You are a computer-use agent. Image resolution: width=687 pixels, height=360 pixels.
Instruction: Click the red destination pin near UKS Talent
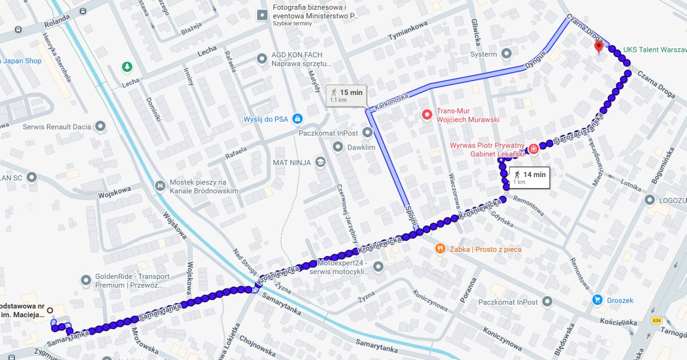(599, 47)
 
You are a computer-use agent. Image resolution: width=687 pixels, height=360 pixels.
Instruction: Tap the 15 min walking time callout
(347, 95)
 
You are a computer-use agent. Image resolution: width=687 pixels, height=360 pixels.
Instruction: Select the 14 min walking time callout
(529, 177)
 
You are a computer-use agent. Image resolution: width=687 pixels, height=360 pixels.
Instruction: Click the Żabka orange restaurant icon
(440, 248)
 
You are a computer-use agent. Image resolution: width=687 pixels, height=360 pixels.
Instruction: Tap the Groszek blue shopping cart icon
(597, 300)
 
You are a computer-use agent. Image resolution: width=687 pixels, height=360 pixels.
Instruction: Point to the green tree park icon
(127, 67)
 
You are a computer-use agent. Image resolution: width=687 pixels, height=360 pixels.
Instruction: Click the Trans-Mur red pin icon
(427, 114)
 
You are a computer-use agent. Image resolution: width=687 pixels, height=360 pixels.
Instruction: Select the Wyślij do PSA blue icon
(297, 118)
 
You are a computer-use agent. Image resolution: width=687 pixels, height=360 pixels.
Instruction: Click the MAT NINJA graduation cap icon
(320, 161)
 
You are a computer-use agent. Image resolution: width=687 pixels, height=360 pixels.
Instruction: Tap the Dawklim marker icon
(338, 146)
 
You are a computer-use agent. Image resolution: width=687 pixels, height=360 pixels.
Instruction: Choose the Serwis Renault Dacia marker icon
(100, 127)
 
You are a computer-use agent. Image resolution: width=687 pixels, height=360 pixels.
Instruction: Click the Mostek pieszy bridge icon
(159, 186)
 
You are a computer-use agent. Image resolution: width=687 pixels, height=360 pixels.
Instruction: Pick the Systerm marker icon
(506, 54)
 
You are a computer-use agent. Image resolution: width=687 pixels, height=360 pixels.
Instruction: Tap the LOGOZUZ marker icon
(651, 200)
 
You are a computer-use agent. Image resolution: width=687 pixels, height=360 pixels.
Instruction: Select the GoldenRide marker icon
(86, 280)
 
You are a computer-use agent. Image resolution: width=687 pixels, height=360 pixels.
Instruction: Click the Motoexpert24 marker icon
(378, 266)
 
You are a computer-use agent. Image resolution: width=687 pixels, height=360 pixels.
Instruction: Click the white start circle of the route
(50, 310)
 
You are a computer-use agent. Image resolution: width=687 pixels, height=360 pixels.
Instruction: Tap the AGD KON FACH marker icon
(261, 58)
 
